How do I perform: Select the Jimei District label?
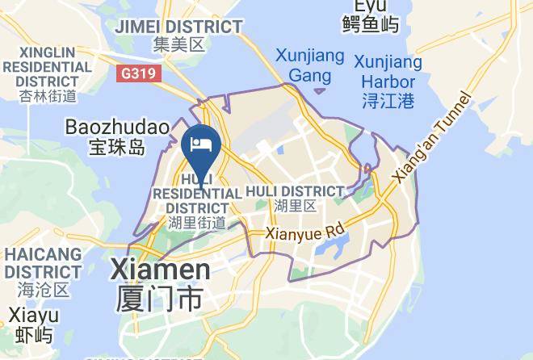178,27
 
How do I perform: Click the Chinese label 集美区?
179,45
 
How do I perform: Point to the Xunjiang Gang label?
309,66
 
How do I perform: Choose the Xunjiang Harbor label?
388,72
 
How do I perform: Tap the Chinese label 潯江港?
388,101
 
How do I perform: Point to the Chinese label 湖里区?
295,206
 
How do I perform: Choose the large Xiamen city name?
160,269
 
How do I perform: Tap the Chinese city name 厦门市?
159,299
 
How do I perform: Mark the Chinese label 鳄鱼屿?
370,24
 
